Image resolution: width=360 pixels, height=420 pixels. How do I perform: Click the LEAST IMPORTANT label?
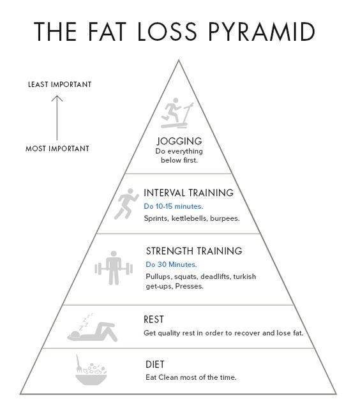click(60, 85)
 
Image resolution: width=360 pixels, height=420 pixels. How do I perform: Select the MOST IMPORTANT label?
click(57, 149)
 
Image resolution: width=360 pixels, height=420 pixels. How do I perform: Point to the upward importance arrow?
click(57, 118)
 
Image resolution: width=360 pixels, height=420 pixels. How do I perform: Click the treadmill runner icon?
click(177, 113)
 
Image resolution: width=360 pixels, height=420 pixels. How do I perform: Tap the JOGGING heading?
click(179, 141)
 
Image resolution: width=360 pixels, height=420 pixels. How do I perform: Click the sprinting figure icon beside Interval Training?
click(126, 204)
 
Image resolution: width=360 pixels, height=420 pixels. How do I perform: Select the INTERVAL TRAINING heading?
click(188, 193)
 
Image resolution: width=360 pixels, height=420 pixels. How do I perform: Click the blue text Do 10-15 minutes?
click(174, 206)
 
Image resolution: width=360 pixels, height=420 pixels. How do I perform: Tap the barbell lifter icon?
click(114, 268)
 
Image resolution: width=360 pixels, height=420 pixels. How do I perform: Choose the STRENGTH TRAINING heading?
click(194, 251)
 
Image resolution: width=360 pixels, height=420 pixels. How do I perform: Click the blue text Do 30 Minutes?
click(172, 265)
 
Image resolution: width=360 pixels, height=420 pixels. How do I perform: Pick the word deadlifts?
click(215, 276)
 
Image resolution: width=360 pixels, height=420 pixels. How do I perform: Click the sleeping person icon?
click(93, 328)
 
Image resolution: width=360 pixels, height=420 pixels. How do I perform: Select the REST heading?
click(153, 320)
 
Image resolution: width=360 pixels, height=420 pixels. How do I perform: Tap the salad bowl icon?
click(91, 370)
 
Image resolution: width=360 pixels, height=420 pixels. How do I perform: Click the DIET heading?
click(155, 364)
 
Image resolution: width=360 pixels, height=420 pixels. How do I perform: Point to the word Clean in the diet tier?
click(168, 377)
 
